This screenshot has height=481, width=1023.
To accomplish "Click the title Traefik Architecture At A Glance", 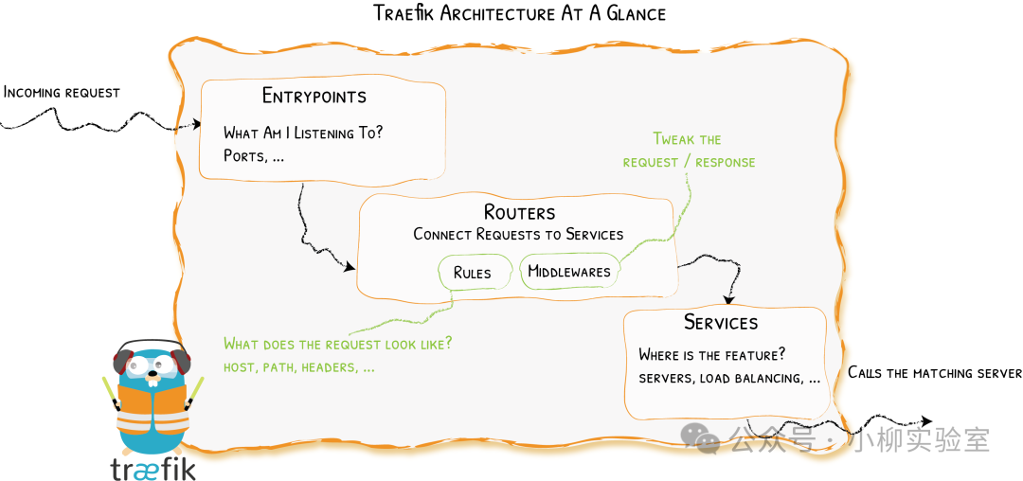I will (520, 13).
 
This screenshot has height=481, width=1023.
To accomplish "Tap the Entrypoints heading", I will (314, 97).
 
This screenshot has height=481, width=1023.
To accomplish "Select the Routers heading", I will (519, 212).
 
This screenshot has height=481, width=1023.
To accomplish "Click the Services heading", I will (721, 323).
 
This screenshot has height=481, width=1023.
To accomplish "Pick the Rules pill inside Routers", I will (473, 273).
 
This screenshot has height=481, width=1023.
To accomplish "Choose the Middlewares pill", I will (568, 272).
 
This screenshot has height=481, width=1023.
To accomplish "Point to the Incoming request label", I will (62, 92).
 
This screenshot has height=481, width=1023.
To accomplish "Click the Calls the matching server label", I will (934, 373).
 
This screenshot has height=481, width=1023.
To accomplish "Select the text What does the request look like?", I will (338, 344).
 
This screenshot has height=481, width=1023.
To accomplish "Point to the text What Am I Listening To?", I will (303, 133).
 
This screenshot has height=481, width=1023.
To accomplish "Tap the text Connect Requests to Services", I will (518, 234).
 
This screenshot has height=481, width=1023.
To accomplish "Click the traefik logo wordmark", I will (153, 467).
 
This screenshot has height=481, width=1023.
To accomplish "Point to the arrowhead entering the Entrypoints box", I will (197, 124).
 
